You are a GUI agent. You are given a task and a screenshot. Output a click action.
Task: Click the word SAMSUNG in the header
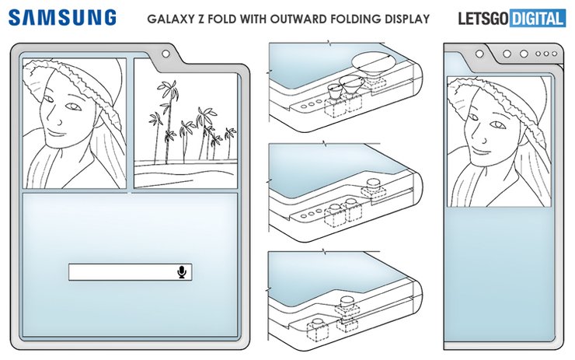(63, 17)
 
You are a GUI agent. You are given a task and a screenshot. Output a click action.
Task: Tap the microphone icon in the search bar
(181, 271)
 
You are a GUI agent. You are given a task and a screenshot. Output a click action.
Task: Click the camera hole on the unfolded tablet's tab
(165, 54)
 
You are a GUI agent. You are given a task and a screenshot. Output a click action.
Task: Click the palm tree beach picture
(184, 123)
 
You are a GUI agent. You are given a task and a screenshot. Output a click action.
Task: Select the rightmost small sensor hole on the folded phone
(556, 54)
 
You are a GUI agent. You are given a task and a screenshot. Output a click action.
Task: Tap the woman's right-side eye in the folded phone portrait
(491, 129)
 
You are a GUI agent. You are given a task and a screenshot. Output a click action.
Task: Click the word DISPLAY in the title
(406, 19)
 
